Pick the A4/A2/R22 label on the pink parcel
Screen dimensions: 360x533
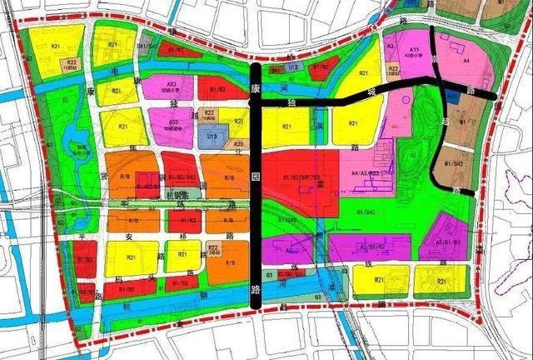365,172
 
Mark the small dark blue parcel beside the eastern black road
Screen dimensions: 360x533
451,97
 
